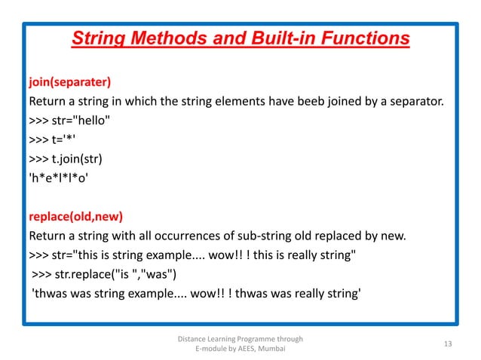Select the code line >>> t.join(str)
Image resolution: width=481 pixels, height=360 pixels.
(x=68, y=159)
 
